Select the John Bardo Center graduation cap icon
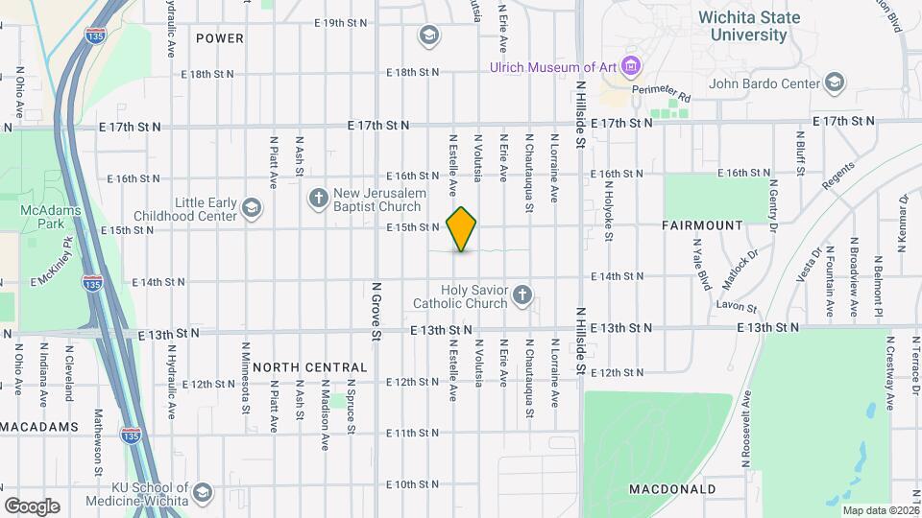click(834, 82)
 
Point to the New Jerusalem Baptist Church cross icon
click(319, 199)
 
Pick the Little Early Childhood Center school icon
click(252, 209)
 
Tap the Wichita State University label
click(742, 26)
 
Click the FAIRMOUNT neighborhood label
click(702, 225)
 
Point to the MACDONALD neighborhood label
click(672, 489)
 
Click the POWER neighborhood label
click(219, 38)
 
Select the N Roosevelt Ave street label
click(745, 431)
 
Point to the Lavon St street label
click(735, 305)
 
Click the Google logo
click(32, 506)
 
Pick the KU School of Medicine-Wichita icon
click(202, 493)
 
